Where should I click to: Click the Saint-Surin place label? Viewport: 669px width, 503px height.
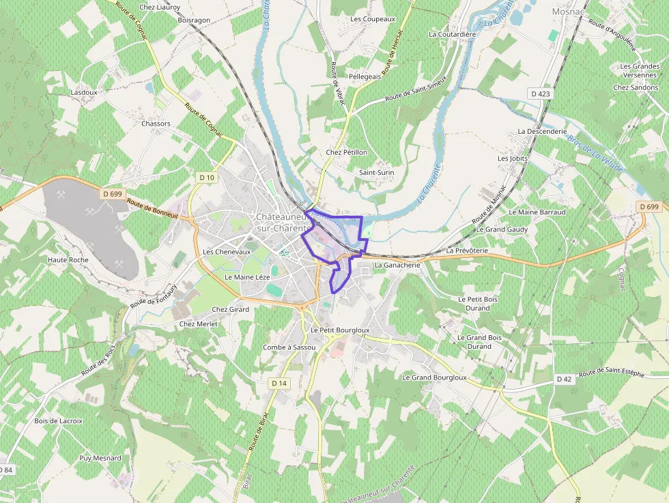pyautogui.click(x=377, y=173)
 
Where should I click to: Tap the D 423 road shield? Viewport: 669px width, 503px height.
pyautogui.click(x=539, y=94)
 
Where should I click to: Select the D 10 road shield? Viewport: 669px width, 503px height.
pyautogui.click(x=207, y=177)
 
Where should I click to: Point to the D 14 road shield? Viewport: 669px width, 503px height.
pyautogui.click(x=278, y=383)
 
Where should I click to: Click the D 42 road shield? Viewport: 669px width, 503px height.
pyautogui.click(x=563, y=379)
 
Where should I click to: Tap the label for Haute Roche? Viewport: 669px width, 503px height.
pyautogui.click(x=68, y=260)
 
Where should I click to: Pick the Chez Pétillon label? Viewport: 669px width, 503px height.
pyautogui.click(x=347, y=152)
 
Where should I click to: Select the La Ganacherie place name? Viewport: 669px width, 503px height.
pyautogui.click(x=396, y=265)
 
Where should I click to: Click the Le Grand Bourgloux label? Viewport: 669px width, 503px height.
pyautogui.click(x=434, y=377)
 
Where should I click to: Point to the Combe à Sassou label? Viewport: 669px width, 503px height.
pyautogui.click(x=289, y=347)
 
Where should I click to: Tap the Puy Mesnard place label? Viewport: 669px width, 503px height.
pyautogui.click(x=100, y=458)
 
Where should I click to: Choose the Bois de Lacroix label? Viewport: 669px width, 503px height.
pyautogui.click(x=58, y=420)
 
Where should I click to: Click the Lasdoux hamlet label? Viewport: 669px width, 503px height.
pyautogui.click(x=84, y=91)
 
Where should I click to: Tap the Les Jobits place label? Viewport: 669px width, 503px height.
pyautogui.click(x=513, y=158)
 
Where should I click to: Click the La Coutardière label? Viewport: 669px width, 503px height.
pyautogui.click(x=452, y=33)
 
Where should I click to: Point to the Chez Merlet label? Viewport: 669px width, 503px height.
pyautogui.click(x=198, y=324)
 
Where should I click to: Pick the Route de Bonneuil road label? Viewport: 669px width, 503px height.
pyautogui.click(x=152, y=208)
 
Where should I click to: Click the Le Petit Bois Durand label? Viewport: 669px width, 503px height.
pyautogui.click(x=478, y=303)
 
